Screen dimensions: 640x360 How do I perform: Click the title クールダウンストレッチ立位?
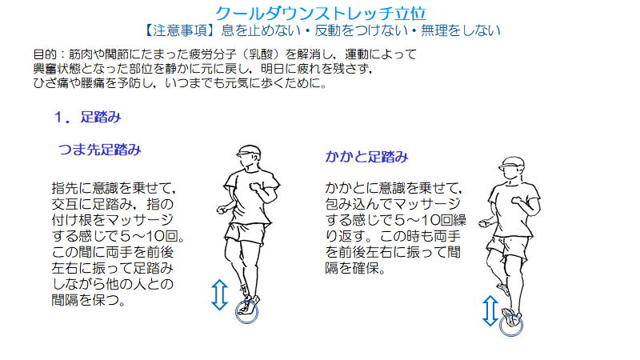click(x=321, y=14)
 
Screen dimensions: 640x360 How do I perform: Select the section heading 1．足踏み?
click(x=87, y=117)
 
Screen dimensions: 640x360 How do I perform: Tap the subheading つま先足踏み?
click(x=100, y=150)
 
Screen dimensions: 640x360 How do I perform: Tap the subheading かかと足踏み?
click(x=366, y=157)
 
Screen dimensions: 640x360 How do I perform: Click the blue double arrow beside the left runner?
click(x=219, y=294)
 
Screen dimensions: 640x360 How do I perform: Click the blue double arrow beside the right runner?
click(x=490, y=310)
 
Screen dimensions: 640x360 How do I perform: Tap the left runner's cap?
click(x=248, y=150)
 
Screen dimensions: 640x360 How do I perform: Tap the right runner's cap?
click(x=511, y=162)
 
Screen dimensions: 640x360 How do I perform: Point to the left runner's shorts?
click(x=246, y=234)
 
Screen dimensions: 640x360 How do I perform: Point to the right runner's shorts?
click(x=507, y=247)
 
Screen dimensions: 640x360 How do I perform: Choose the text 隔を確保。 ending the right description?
click(x=355, y=268)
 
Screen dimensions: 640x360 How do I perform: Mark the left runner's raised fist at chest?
click(x=256, y=186)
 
